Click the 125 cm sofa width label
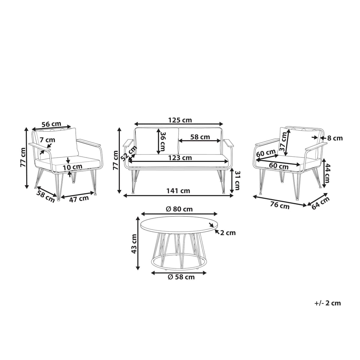click(x=180, y=120)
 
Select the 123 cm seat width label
click(x=180, y=158)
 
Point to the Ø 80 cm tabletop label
click(x=179, y=209)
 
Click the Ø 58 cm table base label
click(x=181, y=277)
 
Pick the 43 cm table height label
click(x=134, y=244)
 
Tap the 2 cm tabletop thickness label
click(x=228, y=233)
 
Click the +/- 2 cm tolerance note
click(x=328, y=303)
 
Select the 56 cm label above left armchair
click(x=51, y=124)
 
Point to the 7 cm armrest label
click(x=47, y=140)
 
